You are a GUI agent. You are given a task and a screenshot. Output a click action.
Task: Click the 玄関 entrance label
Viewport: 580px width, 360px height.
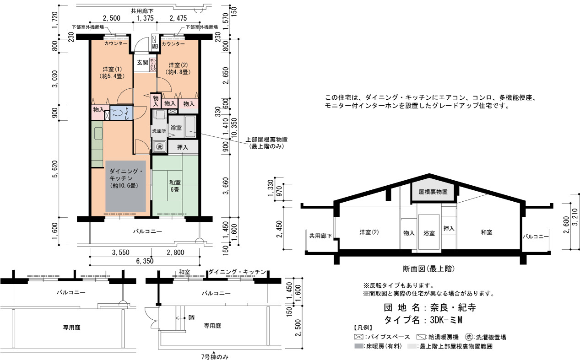point(142,62)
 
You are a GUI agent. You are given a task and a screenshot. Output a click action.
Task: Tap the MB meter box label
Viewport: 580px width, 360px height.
point(155,46)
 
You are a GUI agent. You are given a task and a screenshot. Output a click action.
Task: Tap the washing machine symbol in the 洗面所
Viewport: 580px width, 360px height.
point(159,147)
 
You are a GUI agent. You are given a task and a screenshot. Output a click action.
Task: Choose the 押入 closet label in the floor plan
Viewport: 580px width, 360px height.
point(183,147)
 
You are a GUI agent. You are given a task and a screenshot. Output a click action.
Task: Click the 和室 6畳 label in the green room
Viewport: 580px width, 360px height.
point(175,186)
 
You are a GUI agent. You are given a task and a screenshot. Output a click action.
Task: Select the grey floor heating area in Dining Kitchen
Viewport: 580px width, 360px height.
point(125,186)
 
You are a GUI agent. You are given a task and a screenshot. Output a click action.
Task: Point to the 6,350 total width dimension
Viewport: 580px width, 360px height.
point(145,261)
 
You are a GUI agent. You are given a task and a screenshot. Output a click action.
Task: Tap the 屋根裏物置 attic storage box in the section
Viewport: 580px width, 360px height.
point(433,190)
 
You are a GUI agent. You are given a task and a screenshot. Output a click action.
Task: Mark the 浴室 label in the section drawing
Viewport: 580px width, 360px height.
point(429,233)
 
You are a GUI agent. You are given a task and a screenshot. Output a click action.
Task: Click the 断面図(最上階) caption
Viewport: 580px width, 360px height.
point(429,269)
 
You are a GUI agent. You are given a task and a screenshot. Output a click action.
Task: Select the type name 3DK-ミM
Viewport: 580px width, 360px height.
point(446,320)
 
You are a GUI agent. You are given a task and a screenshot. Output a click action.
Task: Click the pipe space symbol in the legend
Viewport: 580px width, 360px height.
point(358,337)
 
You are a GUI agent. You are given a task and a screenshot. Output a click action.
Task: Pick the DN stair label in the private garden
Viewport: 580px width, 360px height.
point(191,317)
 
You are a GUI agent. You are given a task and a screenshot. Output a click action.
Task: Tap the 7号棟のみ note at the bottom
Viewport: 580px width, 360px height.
point(215,357)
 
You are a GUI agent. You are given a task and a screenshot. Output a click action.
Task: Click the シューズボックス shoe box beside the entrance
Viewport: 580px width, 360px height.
point(153,64)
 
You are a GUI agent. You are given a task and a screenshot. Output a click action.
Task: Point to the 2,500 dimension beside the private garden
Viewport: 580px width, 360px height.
point(298,328)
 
